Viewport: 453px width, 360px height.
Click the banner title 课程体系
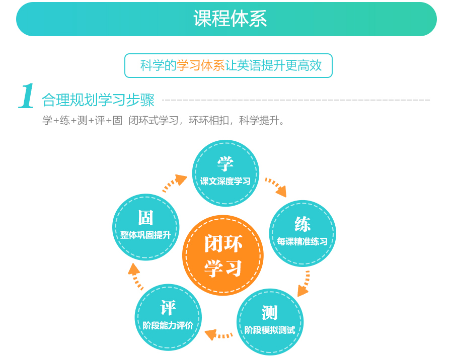click(230, 19)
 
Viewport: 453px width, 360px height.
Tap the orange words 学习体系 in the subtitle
click(201, 65)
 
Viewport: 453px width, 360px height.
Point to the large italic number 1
click(26, 96)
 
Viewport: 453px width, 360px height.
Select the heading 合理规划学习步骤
click(98, 100)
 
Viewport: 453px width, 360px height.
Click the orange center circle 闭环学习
click(223, 255)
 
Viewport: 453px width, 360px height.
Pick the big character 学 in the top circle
click(225, 164)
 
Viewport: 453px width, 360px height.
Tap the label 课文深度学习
click(225, 182)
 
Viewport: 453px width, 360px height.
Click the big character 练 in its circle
click(303, 224)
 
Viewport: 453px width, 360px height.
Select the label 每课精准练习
click(303, 241)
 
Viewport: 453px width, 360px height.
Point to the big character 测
click(270, 313)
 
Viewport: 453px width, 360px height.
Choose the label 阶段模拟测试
click(270, 330)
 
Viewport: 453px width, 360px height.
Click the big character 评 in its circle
click(168, 308)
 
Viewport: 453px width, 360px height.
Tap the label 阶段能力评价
click(168, 325)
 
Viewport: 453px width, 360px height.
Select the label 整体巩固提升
click(145, 235)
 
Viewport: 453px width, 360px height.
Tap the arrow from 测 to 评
click(218, 335)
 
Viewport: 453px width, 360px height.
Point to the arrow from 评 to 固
click(135, 276)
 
